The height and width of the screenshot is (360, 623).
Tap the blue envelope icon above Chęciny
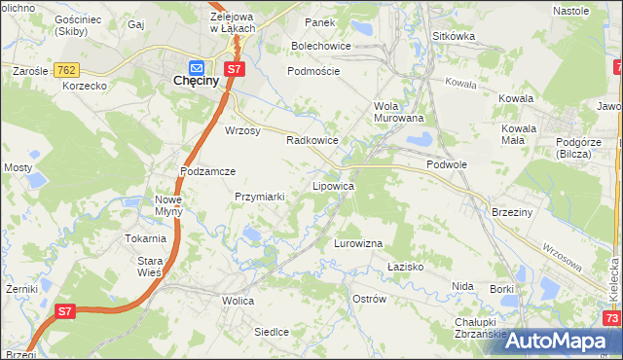coord(198,67)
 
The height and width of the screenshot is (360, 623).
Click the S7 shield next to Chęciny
coord(234,69)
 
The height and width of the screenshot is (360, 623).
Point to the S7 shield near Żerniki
coord(64,311)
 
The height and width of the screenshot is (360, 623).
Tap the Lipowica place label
coord(333,185)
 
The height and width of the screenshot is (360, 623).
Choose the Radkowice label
coord(311,140)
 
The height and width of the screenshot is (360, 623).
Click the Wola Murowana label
coord(399,112)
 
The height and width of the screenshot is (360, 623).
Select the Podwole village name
coord(447,165)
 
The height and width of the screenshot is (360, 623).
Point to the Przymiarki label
coord(259,196)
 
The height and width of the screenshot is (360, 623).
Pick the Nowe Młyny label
coord(168,205)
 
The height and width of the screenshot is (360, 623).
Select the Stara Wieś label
coord(149,267)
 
